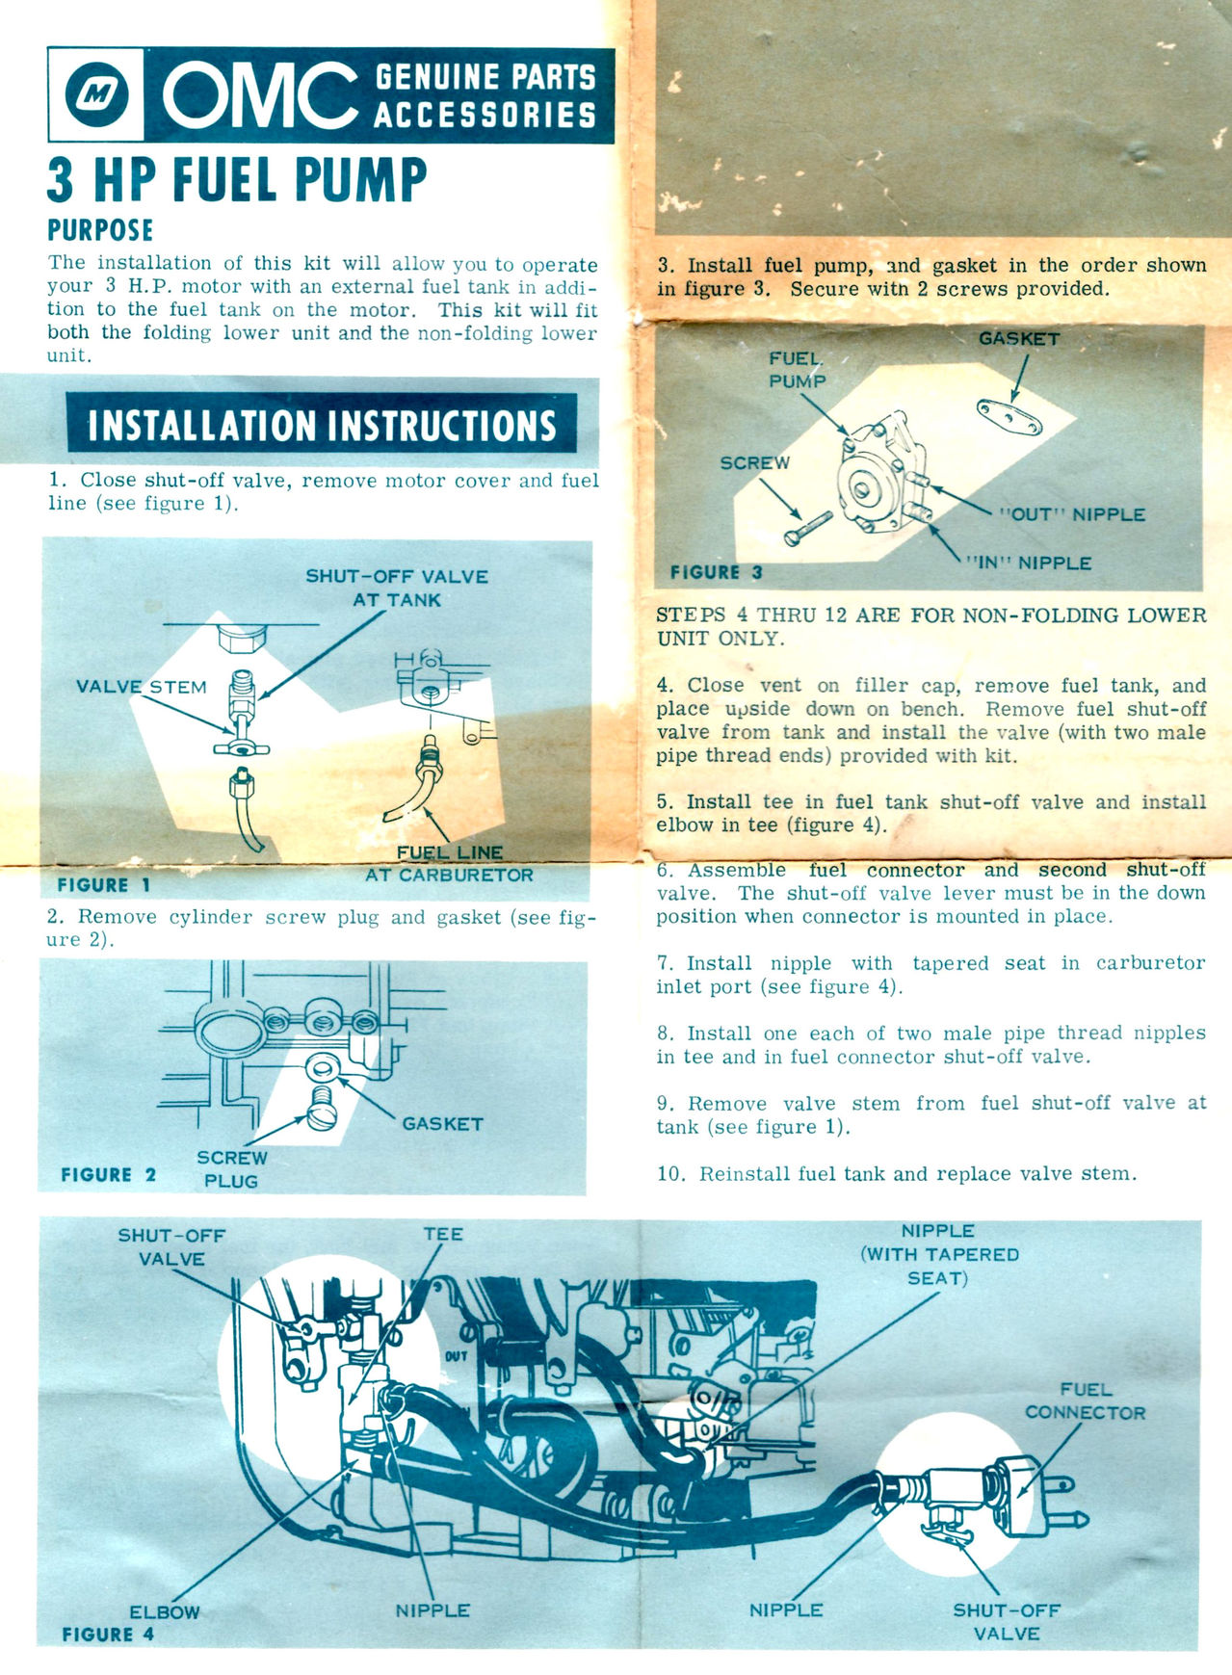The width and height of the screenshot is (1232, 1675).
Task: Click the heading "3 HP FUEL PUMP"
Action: (237, 179)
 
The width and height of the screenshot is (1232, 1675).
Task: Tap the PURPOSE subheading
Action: (100, 230)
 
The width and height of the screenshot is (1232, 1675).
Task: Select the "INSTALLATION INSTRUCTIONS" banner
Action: (322, 425)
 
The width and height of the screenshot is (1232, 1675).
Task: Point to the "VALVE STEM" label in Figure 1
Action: (142, 687)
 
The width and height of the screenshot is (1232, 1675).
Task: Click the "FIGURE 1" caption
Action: (104, 884)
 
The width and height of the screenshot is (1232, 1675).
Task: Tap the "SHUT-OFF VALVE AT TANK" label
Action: (397, 588)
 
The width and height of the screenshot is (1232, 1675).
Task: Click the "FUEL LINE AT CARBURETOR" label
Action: (449, 864)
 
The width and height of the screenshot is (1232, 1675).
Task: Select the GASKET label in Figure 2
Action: (442, 1123)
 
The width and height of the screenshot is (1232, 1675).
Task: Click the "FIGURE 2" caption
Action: (108, 1174)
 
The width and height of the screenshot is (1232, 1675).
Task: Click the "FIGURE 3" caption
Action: (717, 572)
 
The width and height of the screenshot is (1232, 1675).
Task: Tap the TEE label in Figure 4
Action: (443, 1234)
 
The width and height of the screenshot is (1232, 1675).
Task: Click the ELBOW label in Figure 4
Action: (165, 1612)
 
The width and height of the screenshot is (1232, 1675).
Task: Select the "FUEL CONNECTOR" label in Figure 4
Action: (1086, 1401)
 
